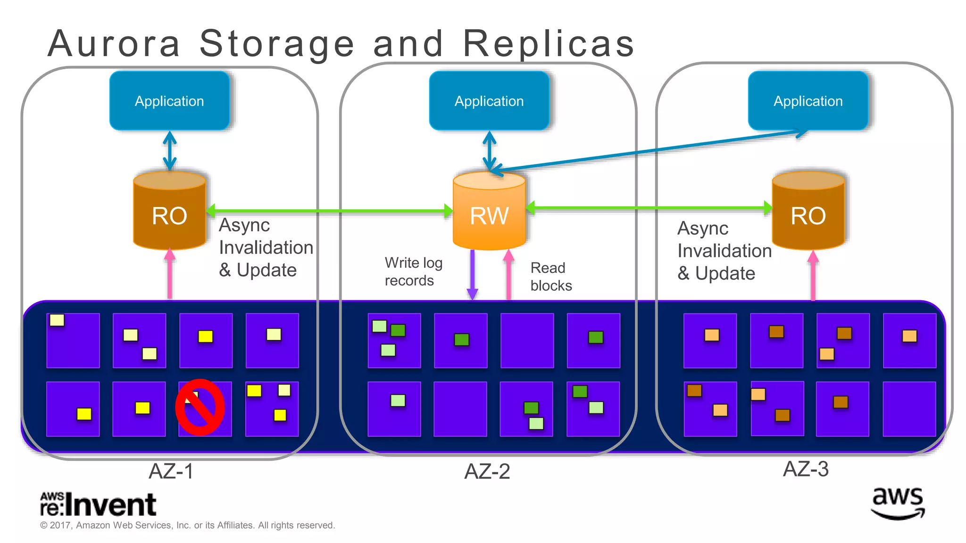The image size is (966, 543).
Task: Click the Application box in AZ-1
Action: (x=169, y=101)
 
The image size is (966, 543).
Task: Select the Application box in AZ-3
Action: (x=808, y=101)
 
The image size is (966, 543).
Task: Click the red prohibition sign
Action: (x=200, y=407)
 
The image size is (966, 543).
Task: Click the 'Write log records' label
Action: (x=413, y=271)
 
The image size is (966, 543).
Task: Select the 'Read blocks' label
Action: (x=550, y=277)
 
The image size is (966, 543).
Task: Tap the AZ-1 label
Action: (x=171, y=471)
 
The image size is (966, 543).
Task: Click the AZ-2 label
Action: (x=487, y=471)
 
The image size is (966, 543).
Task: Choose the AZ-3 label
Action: (x=805, y=469)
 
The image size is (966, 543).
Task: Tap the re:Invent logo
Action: (x=98, y=504)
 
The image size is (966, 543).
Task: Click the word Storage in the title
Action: (x=276, y=43)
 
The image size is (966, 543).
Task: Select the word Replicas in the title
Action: (x=549, y=43)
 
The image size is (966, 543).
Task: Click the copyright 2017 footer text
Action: (x=187, y=525)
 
